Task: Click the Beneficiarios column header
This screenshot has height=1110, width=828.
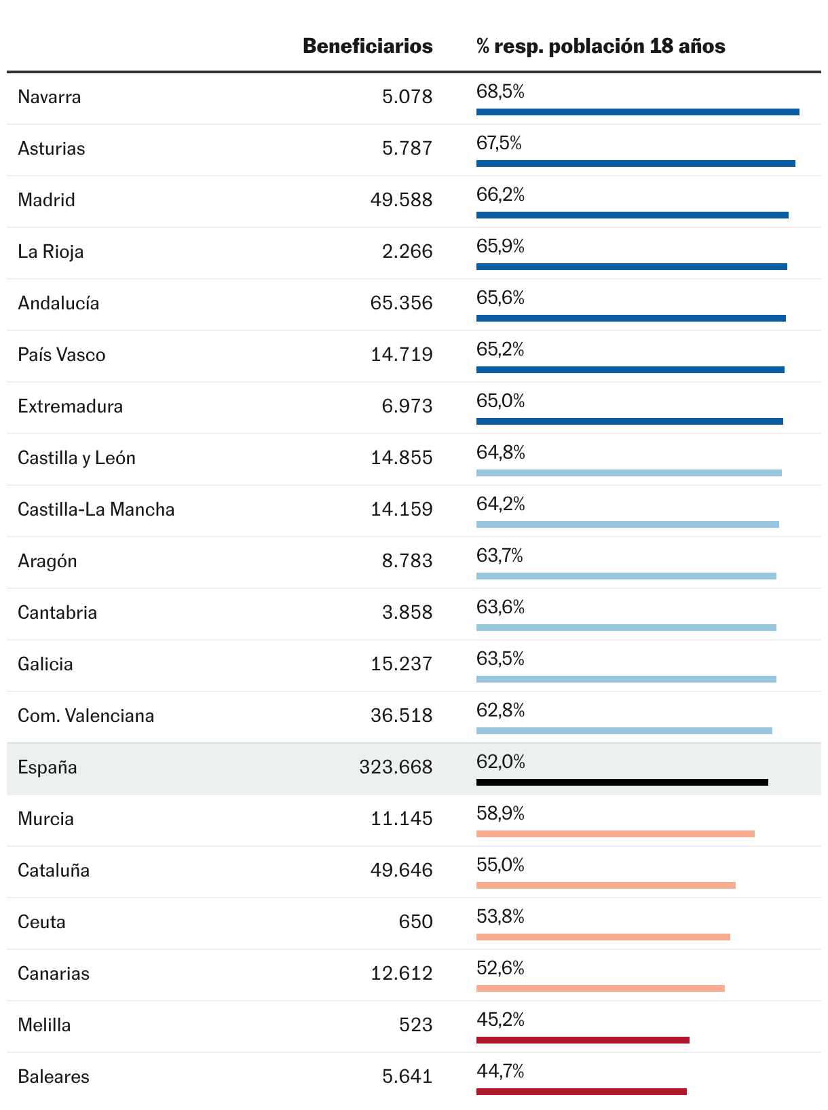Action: (367, 46)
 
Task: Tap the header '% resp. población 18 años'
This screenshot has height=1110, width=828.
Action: (600, 46)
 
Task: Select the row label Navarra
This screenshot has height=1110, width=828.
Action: (50, 97)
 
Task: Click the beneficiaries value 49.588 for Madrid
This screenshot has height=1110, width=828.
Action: (401, 200)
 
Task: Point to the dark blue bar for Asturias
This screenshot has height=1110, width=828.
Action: (635, 164)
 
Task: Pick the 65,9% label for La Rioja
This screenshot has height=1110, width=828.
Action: (500, 246)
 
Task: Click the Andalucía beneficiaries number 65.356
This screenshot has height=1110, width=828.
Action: (401, 303)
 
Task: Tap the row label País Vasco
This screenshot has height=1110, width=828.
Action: (62, 355)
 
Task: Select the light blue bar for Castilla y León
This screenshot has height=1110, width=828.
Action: (628, 473)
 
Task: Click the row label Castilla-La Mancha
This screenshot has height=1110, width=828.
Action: (96, 510)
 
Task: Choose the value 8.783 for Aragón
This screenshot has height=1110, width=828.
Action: (407, 561)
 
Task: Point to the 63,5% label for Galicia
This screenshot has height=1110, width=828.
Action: (500, 659)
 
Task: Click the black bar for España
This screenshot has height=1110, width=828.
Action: (622, 782)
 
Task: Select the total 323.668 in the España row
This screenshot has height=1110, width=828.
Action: (396, 767)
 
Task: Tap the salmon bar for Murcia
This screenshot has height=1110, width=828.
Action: (615, 834)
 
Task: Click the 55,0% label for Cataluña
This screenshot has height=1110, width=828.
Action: (500, 865)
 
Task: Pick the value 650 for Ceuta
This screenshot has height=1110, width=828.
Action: (415, 922)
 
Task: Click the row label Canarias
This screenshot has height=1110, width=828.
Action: (54, 974)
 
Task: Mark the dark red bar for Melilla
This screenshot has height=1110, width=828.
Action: (582, 1040)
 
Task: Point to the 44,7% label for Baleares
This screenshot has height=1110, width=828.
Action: (500, 1071)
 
